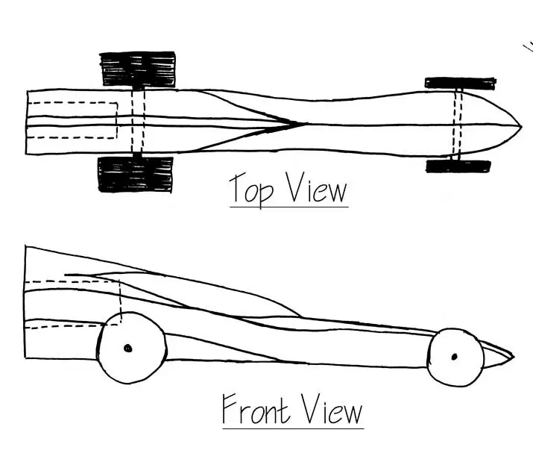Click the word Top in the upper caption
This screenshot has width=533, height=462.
[x=251, y=190]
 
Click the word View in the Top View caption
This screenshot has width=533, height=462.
[x=317, y=187]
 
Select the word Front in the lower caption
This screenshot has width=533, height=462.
[x=256, y=408]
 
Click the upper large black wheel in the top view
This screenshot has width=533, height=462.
[x=138, y=69]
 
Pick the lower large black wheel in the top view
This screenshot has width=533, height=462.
[x=135, y=175]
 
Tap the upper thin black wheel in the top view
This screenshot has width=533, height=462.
[x=460, y=84]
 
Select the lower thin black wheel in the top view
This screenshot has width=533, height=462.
[x=458, y=166]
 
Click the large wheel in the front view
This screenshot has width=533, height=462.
[x=132, y=348]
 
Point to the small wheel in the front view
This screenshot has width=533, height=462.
[x=455, y=358]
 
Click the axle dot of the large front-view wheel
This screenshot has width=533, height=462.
[x=127, y=349]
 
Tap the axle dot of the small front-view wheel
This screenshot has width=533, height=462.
[x=455, y=357]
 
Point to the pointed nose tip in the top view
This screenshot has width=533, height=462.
[x=521, y=127]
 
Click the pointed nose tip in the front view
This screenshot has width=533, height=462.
[x=514, y=358]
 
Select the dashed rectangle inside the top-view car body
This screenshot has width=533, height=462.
[x=117, y=120]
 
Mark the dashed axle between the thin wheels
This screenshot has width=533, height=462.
[x=458, y=124]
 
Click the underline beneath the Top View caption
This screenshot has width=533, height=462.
[x=289, y=206]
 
